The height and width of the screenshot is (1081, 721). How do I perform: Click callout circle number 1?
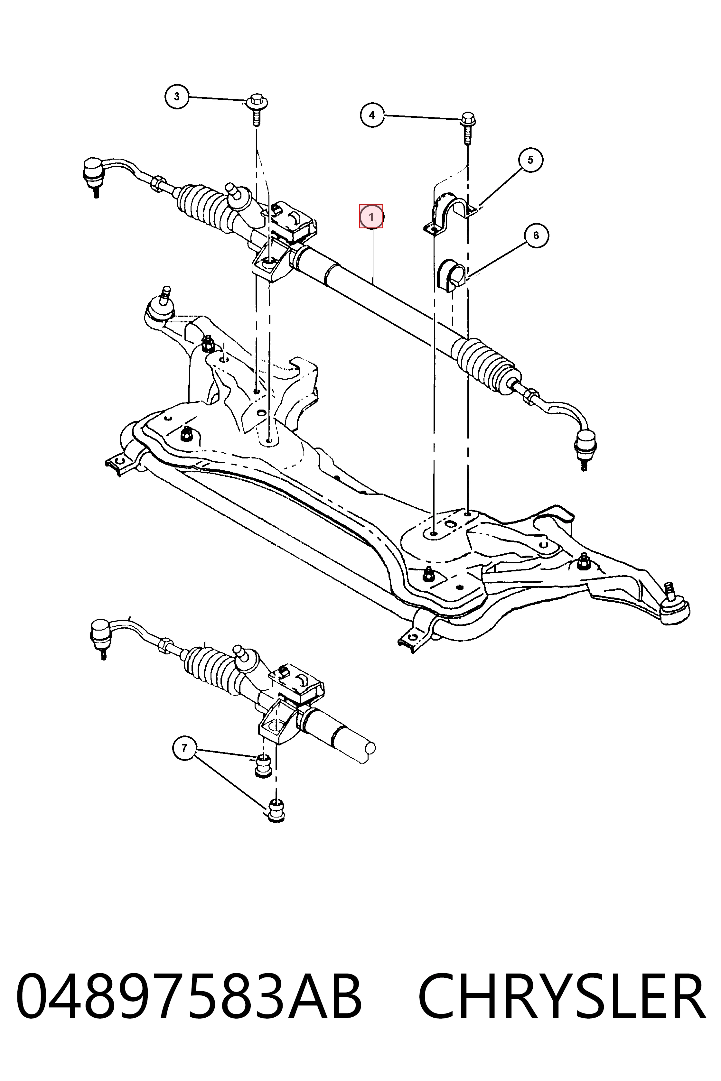point(371,217)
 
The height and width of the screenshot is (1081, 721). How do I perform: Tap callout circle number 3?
point(177,97)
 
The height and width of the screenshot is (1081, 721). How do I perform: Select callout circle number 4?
point(372,115)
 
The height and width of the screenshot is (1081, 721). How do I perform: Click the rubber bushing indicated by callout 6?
point(450,276)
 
